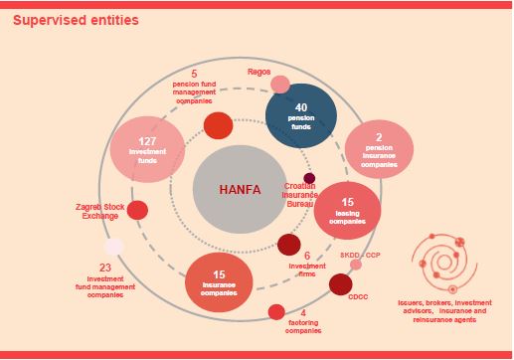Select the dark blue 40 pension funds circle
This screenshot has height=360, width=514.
pyautogui.click(x=301, y=114)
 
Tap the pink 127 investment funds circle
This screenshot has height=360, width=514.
pyautogui.click(x=146, y=150)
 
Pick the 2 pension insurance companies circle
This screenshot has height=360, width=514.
pyautogui.click(x=379, y=147)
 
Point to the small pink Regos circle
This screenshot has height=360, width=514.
pyautogui.click(x=280, y=85)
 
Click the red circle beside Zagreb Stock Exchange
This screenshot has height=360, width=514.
pyautogui.click(x=138, y=210)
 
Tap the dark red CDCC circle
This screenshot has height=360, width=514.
pyautogui.click(x=340, y=285)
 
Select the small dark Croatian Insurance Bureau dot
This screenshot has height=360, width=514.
pyautogui.click(x=309, y=179)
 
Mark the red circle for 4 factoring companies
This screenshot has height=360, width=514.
pyautogui.click(x=276, y=312)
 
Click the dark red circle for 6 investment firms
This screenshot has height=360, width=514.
pyautogui.click(x=288, y=245)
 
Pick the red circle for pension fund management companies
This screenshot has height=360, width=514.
pyautogui.click(x=218, y=125)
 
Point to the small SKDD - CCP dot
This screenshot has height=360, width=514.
pyautogui.click(x=355, y=265)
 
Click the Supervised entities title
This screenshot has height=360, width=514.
pyautogui.click(x=62, y=20)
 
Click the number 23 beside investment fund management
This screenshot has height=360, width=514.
pyautogui.click(x=105, y=268)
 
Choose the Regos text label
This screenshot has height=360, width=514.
pyautogui.click(x=259, y=72)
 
